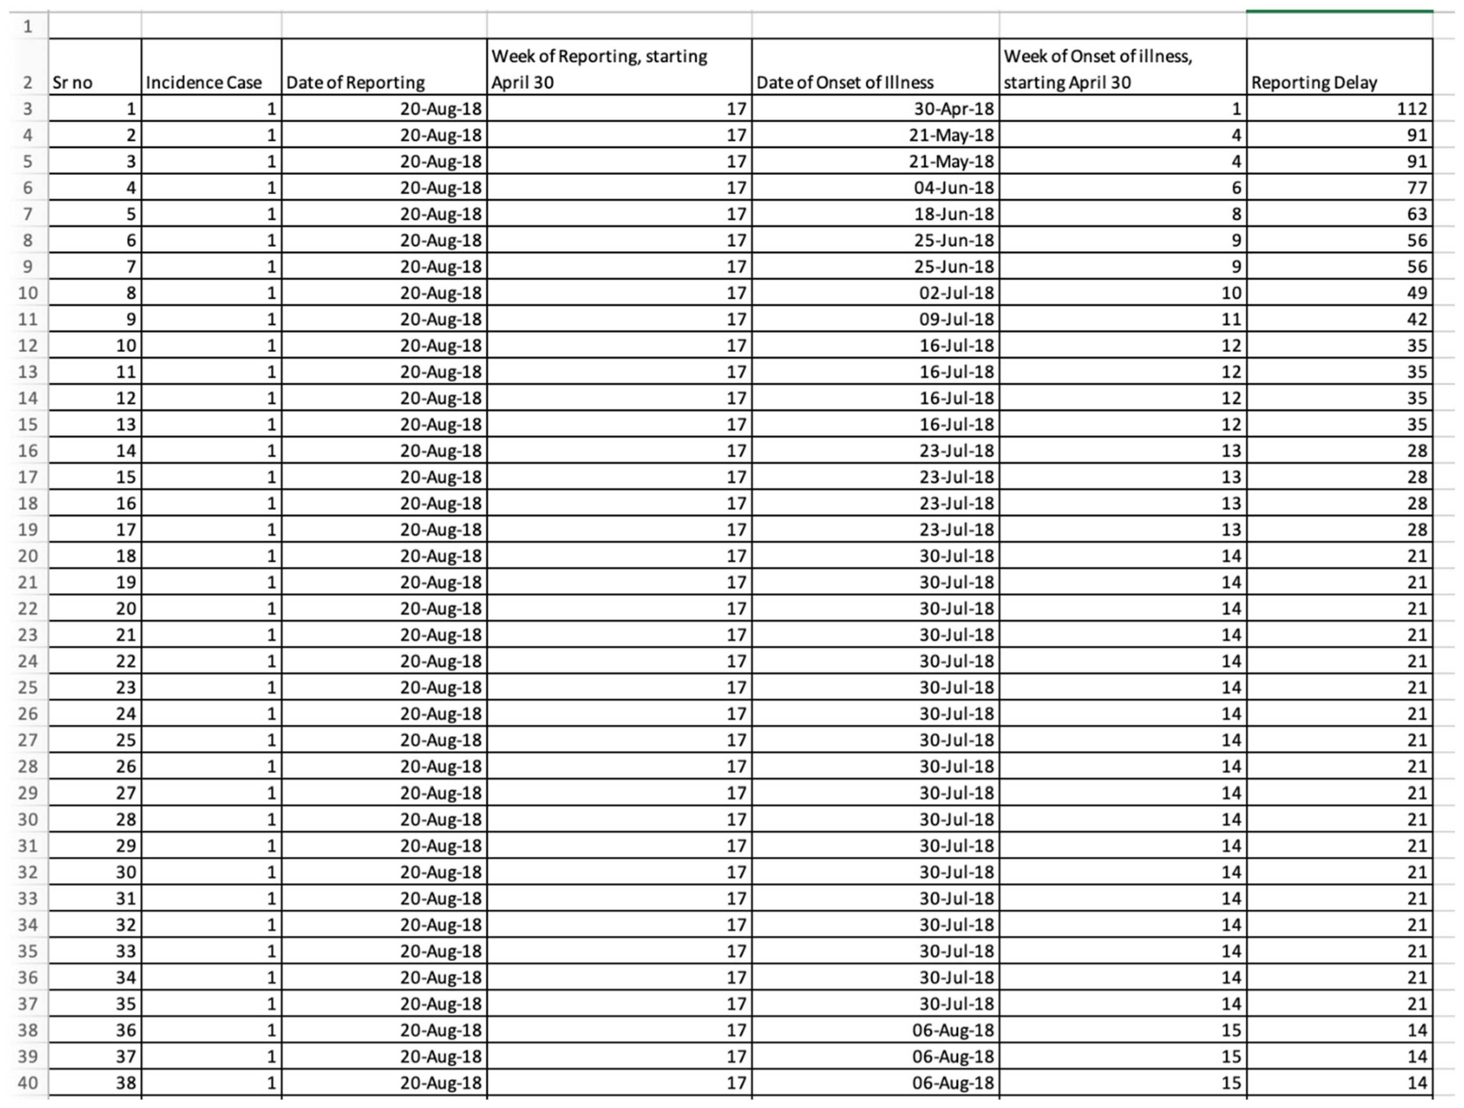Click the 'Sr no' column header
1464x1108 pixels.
(x=73, y=82)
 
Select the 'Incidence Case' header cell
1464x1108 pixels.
(x=204, y=82)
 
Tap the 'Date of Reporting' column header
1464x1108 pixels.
(x=355, y=82)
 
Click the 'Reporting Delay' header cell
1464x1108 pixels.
(x=1314, y=82)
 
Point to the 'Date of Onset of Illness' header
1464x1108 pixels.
(x=845, y=82)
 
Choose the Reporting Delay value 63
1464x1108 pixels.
(x=1416, y=214)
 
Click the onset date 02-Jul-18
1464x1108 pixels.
(x=956, y=292)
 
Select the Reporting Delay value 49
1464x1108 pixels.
(x=1416, y=292)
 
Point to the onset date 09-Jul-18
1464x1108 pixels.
(x=956, y=319)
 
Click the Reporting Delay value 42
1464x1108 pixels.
(x=1416, y=319)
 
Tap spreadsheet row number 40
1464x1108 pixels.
(x=28, y=1083)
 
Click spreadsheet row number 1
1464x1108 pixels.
(x=28, y=26)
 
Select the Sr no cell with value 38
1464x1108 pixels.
(x=126, y=1083)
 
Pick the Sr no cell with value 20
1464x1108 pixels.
(x=126, y=608)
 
